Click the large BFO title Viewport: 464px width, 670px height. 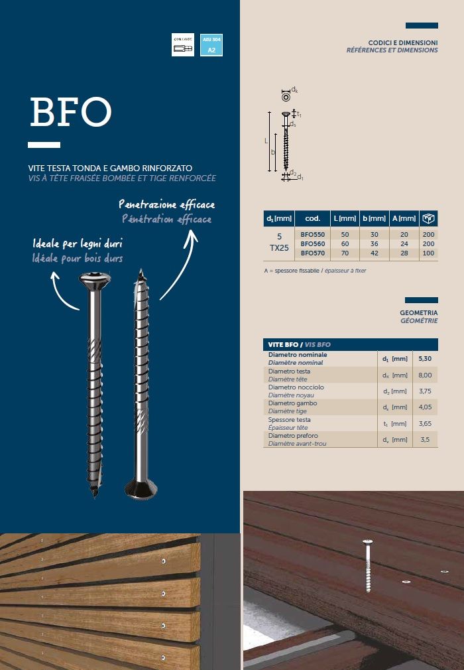[x=70, y=113]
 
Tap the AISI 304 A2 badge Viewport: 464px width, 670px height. [x=211, y=45]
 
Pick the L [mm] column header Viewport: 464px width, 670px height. [x=345, y=218]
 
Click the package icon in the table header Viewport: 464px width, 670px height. [x=429, y=218]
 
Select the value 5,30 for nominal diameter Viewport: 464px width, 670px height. [x=425, y=359]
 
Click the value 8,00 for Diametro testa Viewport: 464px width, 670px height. [x=425, y=375]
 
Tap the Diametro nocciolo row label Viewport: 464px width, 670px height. [x=296, y=387]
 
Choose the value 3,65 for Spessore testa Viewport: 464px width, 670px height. [x=425, y=423]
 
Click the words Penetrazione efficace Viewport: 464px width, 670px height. [x=166, y=205]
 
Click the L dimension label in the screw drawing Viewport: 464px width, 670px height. [x=266, y=141]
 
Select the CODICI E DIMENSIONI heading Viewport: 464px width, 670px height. [x=402, y=42]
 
